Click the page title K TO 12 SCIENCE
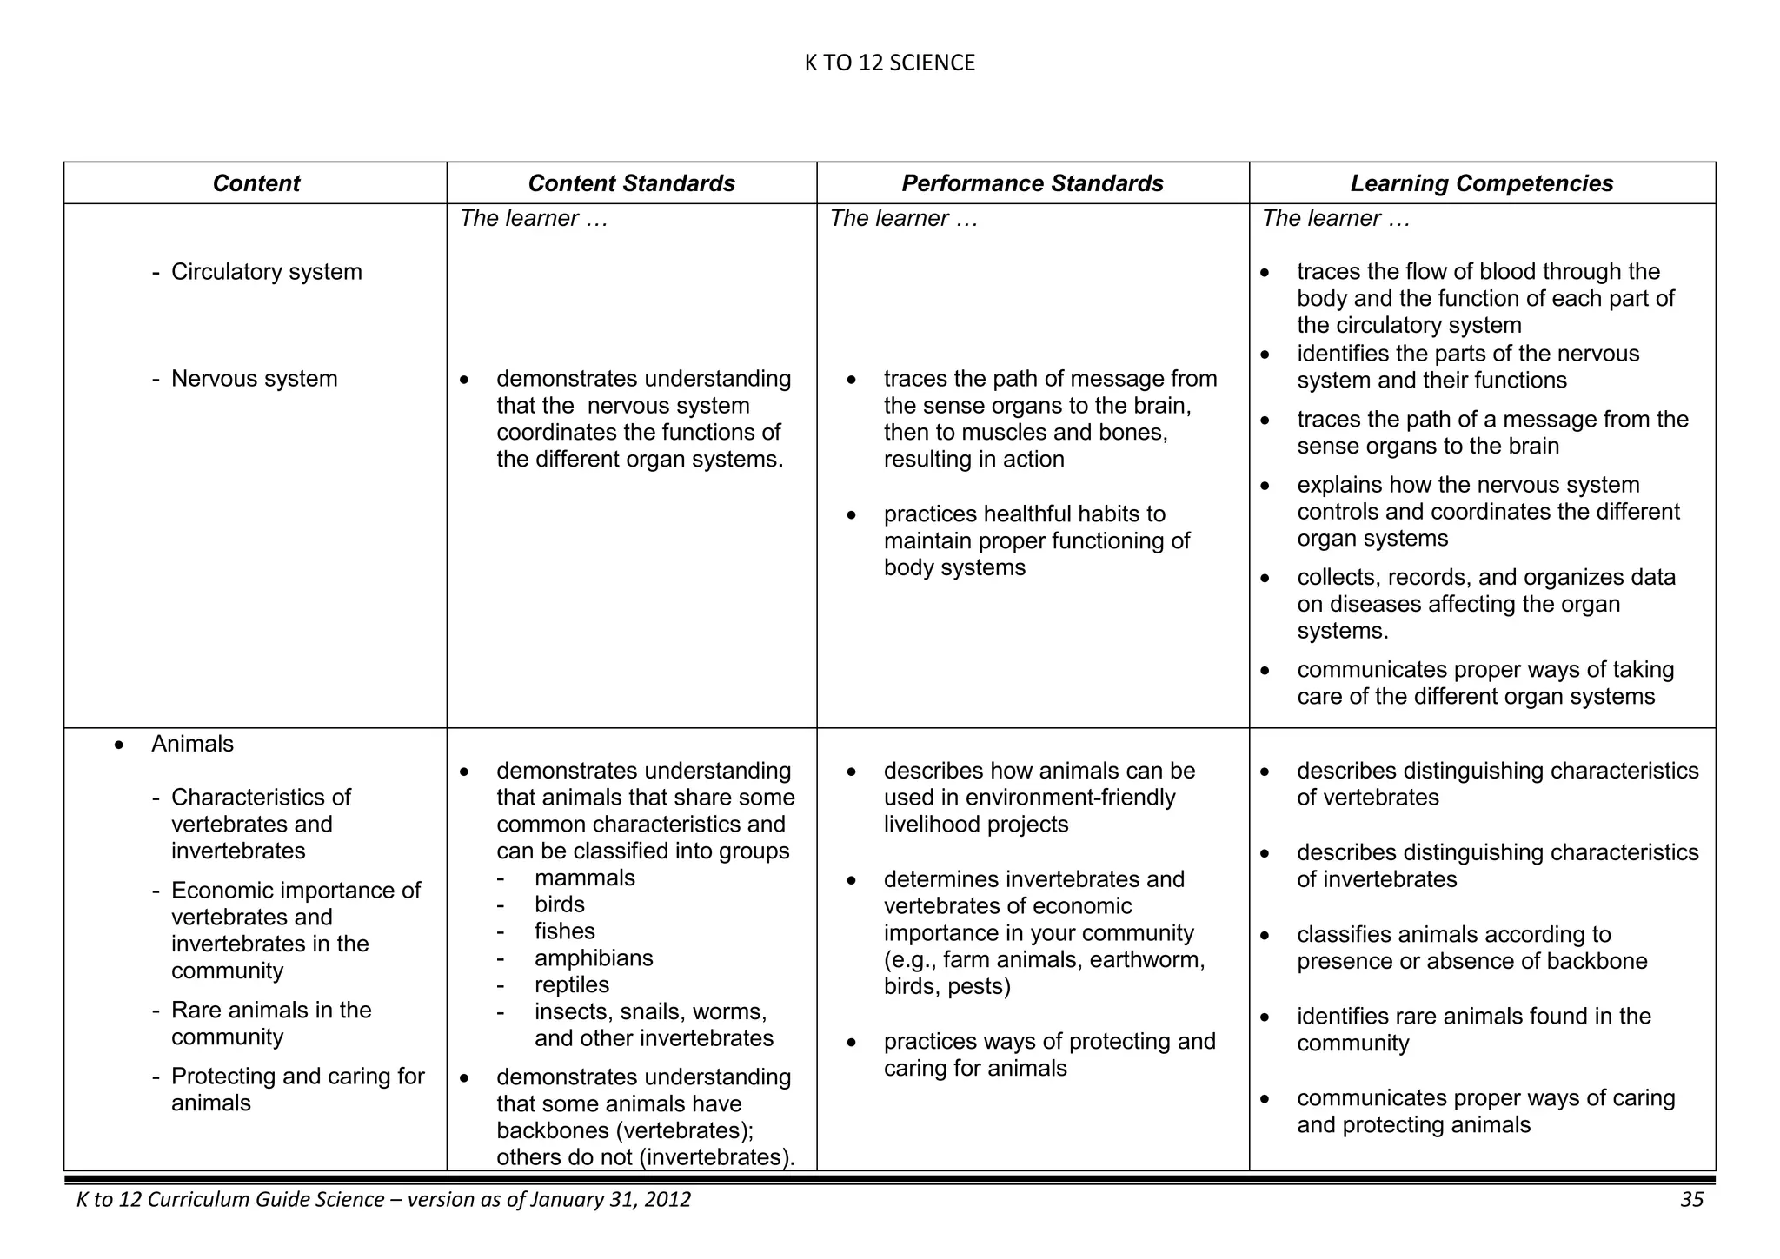[889, 63]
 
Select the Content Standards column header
[631, 183]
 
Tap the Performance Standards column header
[1032, 183]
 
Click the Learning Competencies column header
[1481, 183]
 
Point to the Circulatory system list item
[266, 272]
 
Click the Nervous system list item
[254, 379]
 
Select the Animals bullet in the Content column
[192, 744]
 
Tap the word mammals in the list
[584, 878]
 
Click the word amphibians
[594, 958]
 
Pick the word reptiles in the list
[572, 984]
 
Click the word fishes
[564, 931]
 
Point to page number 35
[1691, 1200]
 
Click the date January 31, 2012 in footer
[609, 1200]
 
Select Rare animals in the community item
[270, 1023]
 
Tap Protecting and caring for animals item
[296, 1089]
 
